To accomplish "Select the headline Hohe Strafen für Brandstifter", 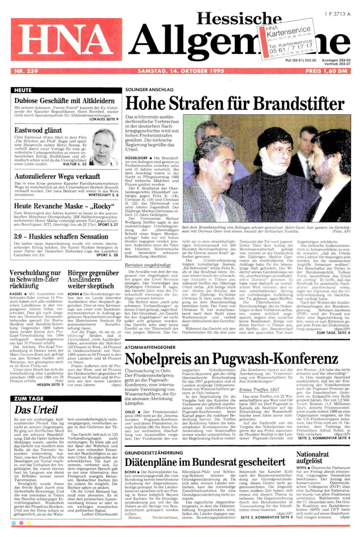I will click(x=234, y=103).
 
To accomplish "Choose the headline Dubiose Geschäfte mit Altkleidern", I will click(x=64, y=100).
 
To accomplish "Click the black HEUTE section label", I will click(x=23, y=90).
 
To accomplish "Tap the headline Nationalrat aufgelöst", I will click(x=313, y=458).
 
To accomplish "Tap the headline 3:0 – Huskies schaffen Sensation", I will click(x=61, y=237).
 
